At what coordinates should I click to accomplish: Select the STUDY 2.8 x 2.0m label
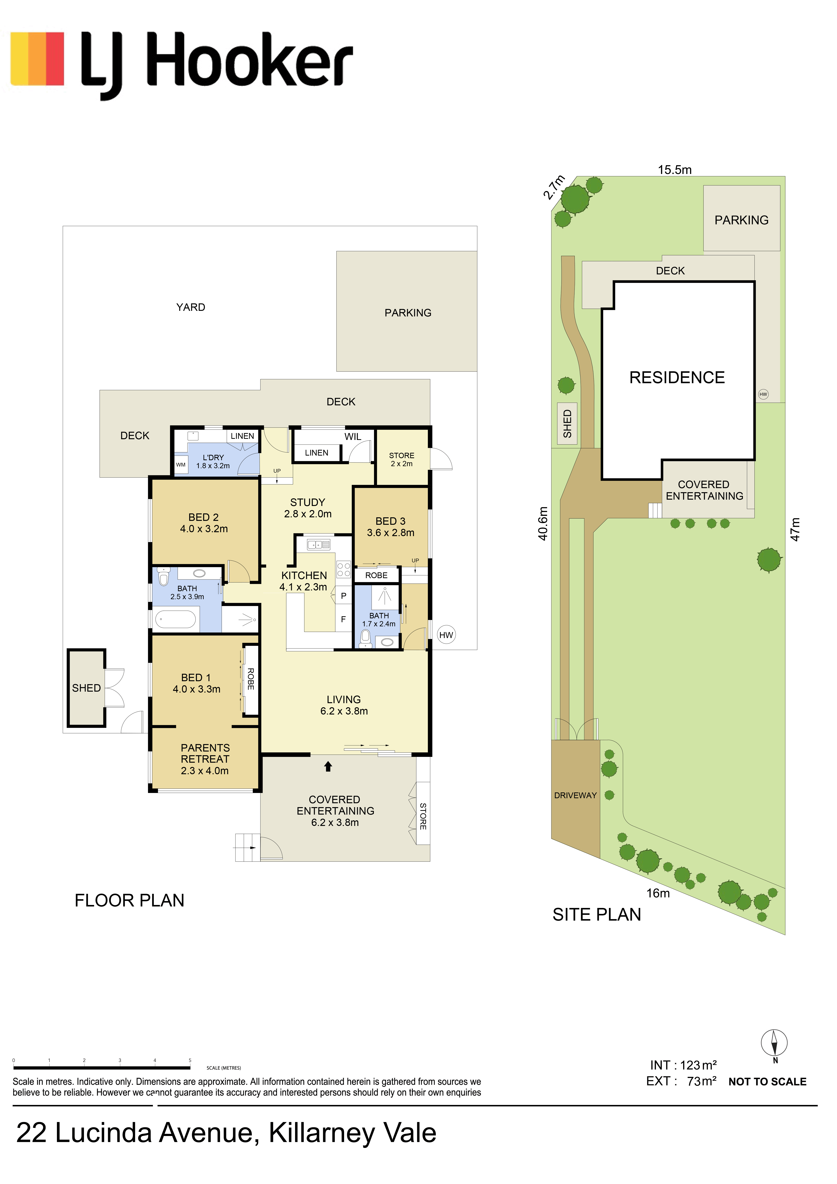click(308, 508)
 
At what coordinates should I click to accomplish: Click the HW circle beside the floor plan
click(446, 635)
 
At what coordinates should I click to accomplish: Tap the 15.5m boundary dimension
click(675, 170)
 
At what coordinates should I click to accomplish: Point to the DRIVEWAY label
click(575, 795)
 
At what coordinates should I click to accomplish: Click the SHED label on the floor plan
click(86, 688)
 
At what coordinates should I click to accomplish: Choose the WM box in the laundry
click(180, 465)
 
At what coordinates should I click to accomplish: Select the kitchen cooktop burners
click(344, 569)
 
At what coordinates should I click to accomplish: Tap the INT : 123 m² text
click(683, 1065)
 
